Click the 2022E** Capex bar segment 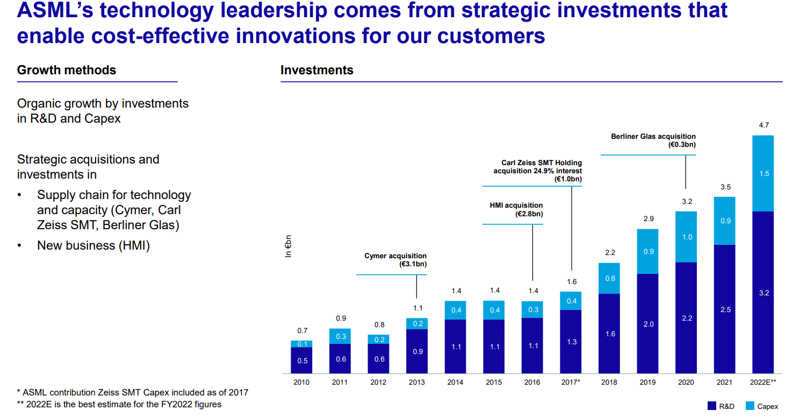click(x=763, y=173)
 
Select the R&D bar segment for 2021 click(x=724, y=309)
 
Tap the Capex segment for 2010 click(x=302, y=344)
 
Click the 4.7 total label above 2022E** click(x=763, y=125)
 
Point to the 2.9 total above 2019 click(x=648, y=219)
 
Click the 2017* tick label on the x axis click(x=571, y=383)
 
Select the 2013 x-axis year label click(x=417, y=383)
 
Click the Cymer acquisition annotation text click(x=395, y=260)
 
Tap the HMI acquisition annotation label click(x=516, y=209)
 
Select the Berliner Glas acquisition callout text click(x=653, y=141)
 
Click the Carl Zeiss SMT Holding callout click(x=537, y=171)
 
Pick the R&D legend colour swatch click(x=712, y=406)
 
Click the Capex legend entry click(x=762, y=406)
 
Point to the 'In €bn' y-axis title click(x=288, y=246)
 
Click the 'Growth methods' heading click(x=67, y=70)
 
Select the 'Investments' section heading click(x=317, y=70)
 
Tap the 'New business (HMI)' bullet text click(x=93, y=245)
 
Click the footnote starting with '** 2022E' click(x=119, y=404)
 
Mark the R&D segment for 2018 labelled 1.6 click(x=609, y=334)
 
